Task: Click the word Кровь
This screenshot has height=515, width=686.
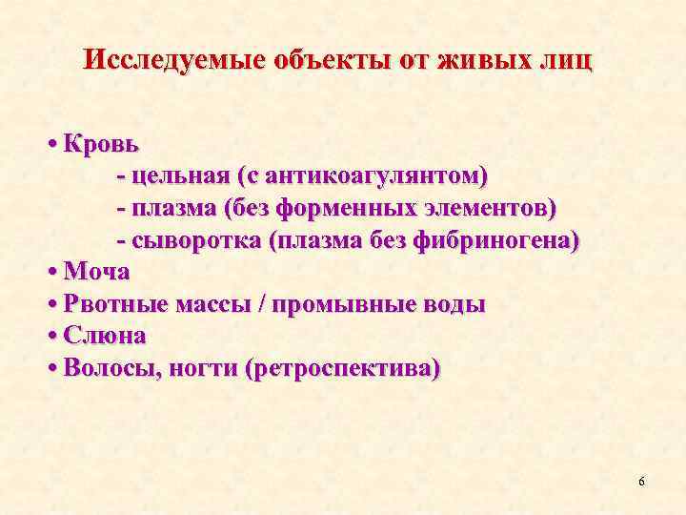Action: (102, 144)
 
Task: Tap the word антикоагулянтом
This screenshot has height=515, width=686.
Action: (376, 176)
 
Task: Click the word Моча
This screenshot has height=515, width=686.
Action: (96, 272)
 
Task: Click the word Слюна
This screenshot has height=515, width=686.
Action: (104, 336)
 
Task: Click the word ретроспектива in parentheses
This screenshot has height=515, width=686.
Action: (341, 369)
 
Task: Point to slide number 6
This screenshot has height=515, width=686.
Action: (641, 481)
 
